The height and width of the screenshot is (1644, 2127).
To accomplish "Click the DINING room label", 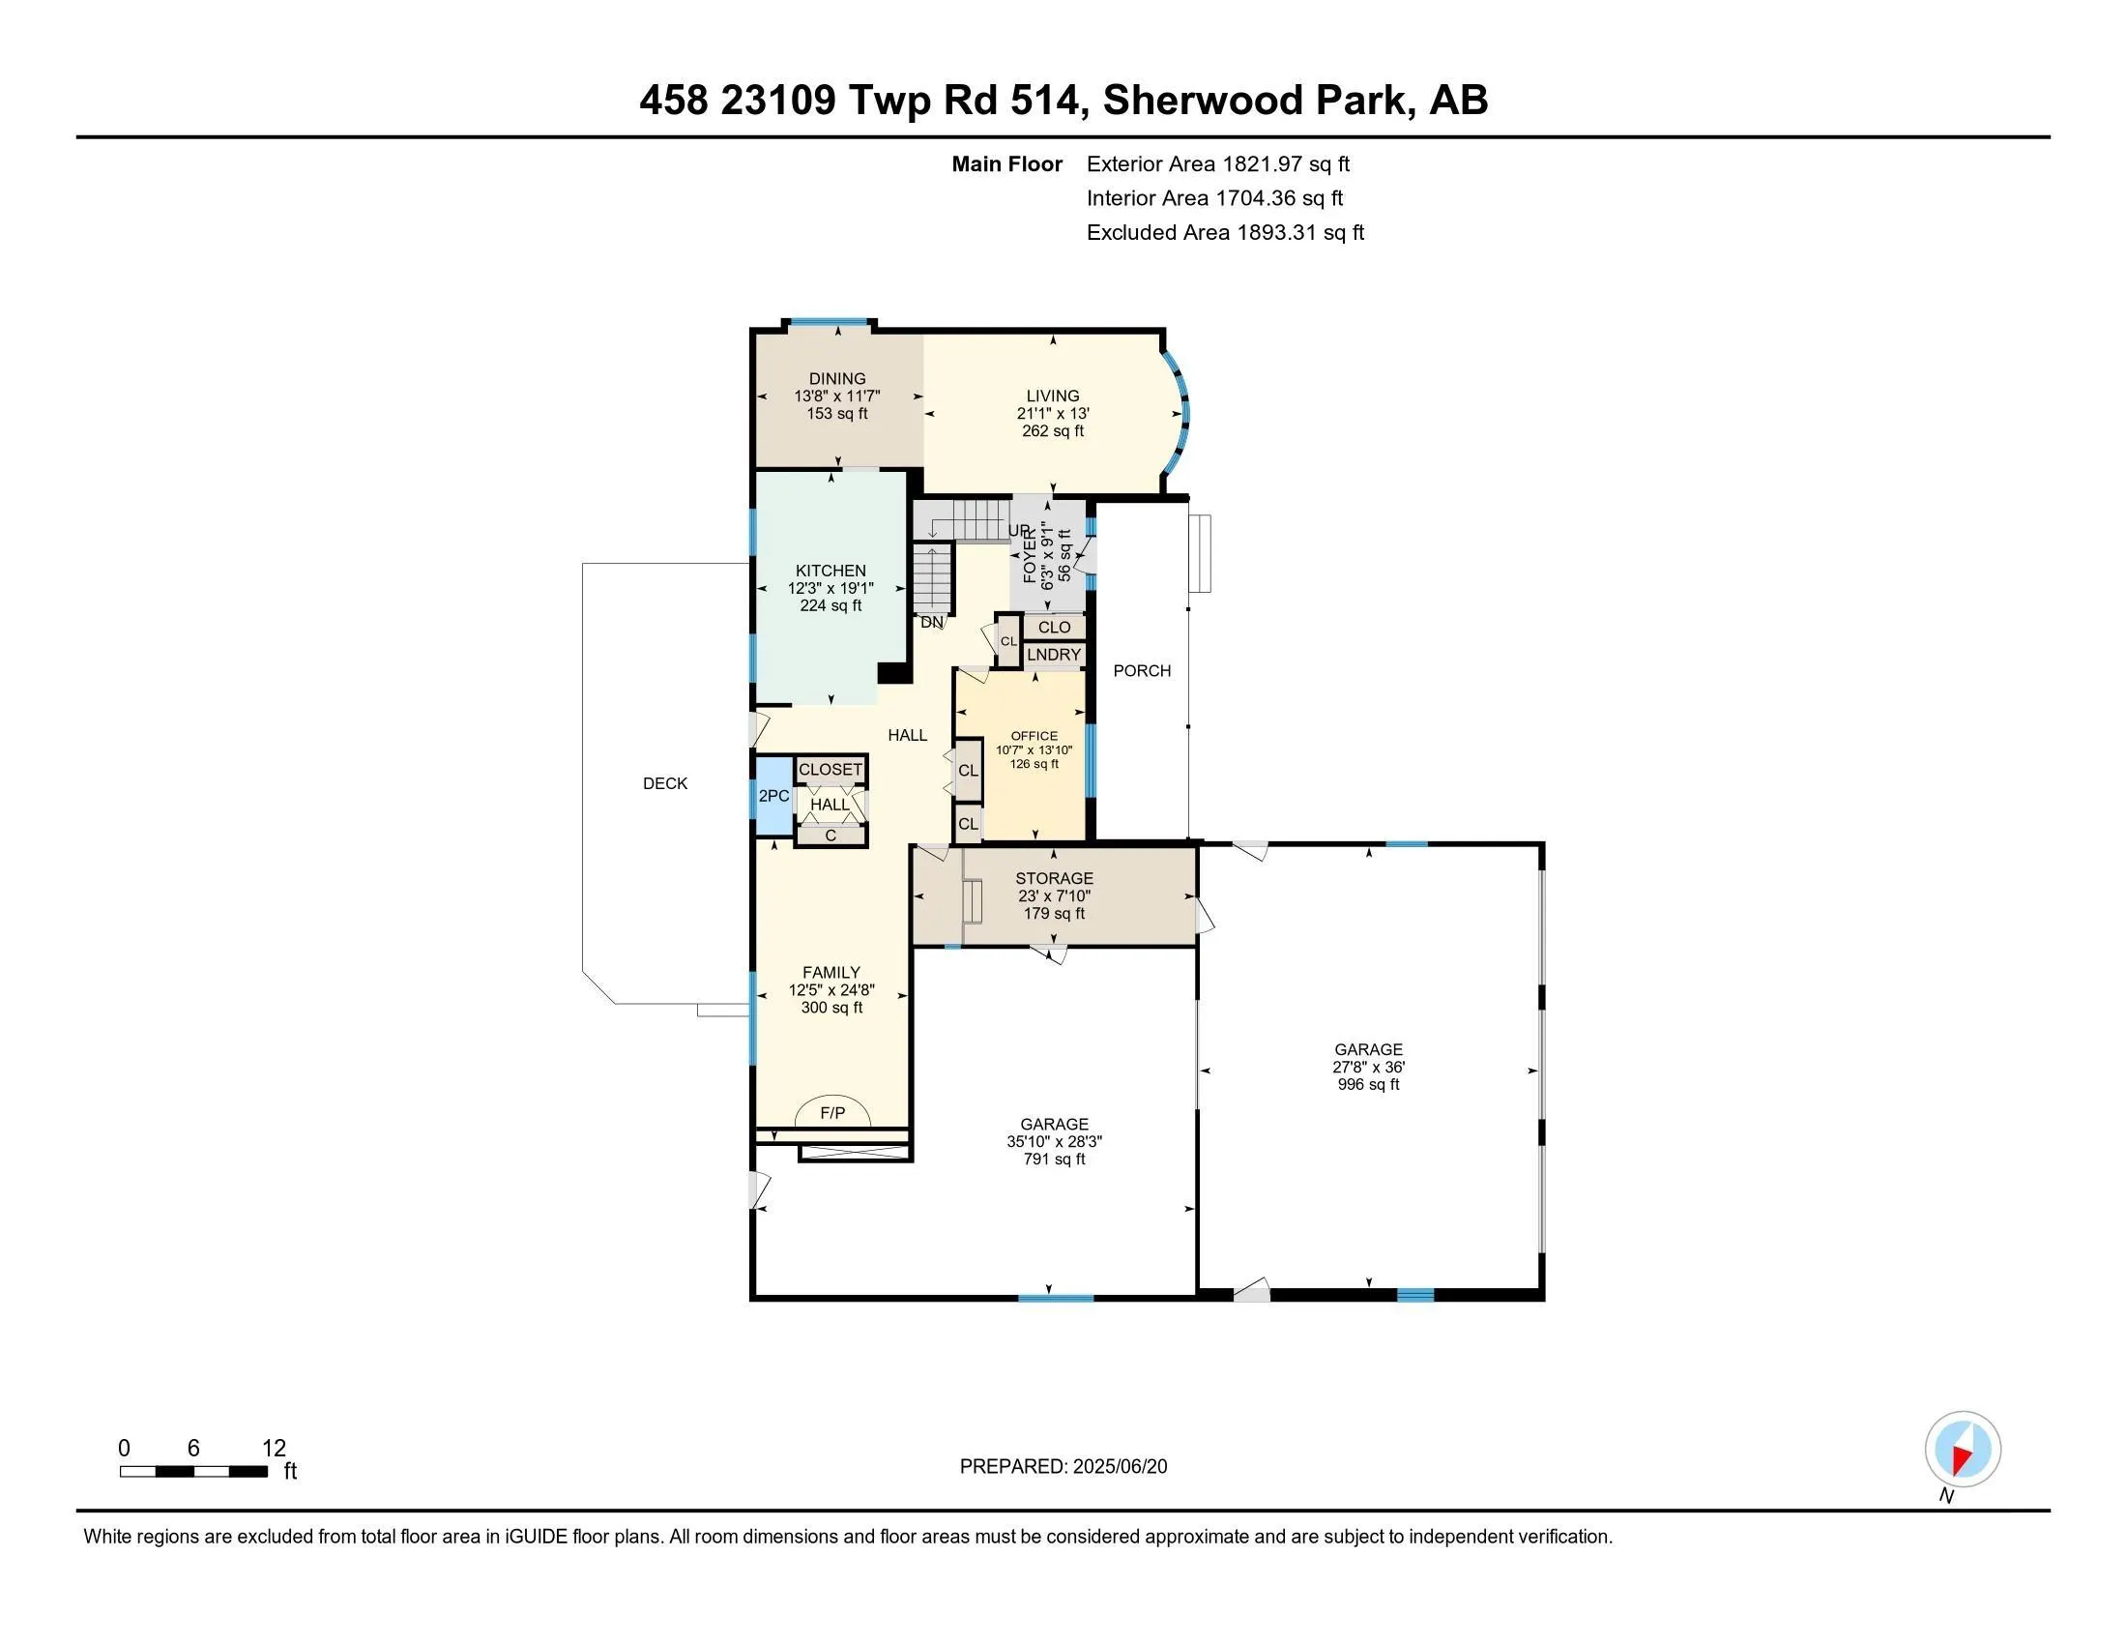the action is (836, 379).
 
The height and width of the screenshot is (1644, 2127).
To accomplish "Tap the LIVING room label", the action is (1053, 396).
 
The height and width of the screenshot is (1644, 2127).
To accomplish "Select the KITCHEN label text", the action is (830, 571).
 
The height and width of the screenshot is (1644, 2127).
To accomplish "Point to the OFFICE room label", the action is (1034, 736).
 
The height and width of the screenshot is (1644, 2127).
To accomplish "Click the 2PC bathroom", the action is (774, 796).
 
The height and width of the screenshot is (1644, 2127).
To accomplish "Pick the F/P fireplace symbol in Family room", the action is (832, 1111).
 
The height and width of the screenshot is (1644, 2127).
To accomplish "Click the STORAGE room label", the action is (1054, 878).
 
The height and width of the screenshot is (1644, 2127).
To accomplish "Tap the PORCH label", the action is (1143, 670).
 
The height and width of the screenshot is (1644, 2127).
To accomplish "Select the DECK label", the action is (665, 783).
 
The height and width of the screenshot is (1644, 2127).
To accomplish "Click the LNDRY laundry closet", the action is (1054, 655).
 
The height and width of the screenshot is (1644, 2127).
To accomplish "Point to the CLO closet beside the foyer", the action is (1054, 628).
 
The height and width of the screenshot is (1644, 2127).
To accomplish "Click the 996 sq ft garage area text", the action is (1368, 1084).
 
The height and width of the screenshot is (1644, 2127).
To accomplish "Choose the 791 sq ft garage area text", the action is (1054, 1159).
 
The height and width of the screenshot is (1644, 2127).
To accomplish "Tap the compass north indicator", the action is (1963, 1451).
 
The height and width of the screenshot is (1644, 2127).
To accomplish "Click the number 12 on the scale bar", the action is (274, 1449).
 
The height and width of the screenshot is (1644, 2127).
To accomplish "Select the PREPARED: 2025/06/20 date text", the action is (1063, 1467).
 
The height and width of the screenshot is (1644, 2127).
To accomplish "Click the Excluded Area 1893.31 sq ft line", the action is (1225, 233).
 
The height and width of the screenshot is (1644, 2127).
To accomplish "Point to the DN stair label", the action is (932, 623).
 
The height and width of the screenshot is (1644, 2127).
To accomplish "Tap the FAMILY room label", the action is (831, 973).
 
